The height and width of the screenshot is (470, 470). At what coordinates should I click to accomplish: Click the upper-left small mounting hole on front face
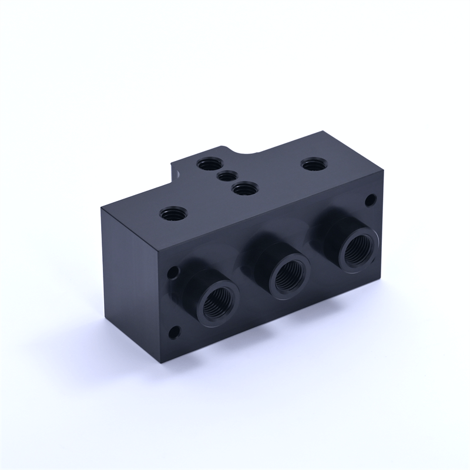click(x=173, y=273)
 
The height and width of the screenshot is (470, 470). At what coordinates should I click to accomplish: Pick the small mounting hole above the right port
click(x=370, y=200)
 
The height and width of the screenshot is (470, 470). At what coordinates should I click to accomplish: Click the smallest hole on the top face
click(x=226, y=176)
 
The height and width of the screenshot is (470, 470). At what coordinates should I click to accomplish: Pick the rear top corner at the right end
click(x=323, y=132)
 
